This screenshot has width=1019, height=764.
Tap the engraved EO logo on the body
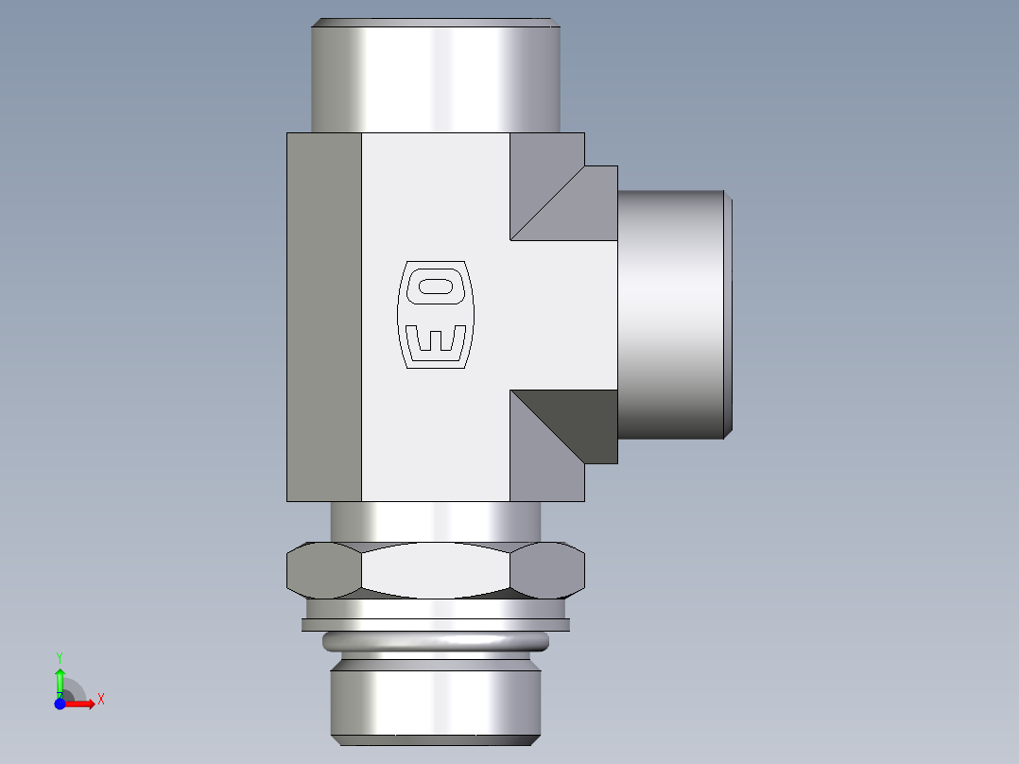436,314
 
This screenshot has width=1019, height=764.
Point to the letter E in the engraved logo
435,341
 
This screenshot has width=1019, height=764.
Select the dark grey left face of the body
324,317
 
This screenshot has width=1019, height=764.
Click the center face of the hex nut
436,570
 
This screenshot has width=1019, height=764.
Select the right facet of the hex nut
547,570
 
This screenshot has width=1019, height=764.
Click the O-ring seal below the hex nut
436,643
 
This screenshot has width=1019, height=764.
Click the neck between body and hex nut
436,521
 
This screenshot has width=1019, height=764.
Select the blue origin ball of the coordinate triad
60,703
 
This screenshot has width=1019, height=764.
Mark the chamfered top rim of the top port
436,22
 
